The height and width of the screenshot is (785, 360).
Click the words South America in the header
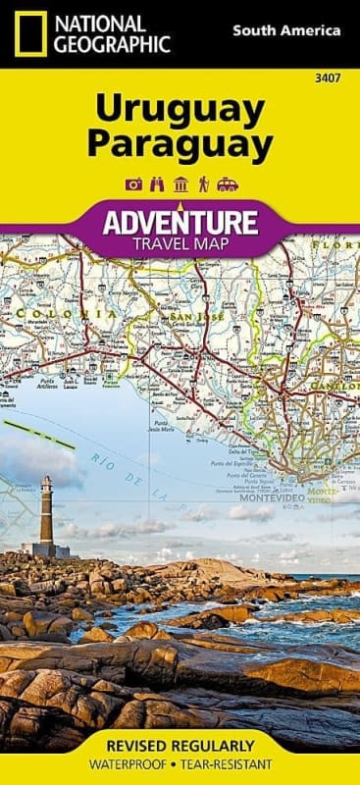pos(286,30)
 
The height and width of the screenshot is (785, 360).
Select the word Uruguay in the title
pos(180,110)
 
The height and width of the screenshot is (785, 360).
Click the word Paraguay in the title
pos(180,145)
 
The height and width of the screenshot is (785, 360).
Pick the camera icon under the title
pos(135,184)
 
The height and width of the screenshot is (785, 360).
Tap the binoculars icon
pos(157,184)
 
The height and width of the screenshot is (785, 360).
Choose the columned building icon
pos(180,184)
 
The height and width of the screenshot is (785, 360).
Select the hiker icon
pos(203,184)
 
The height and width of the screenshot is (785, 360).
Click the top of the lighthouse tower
pos(46,481)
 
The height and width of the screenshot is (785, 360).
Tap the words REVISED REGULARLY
pos(180,745)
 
